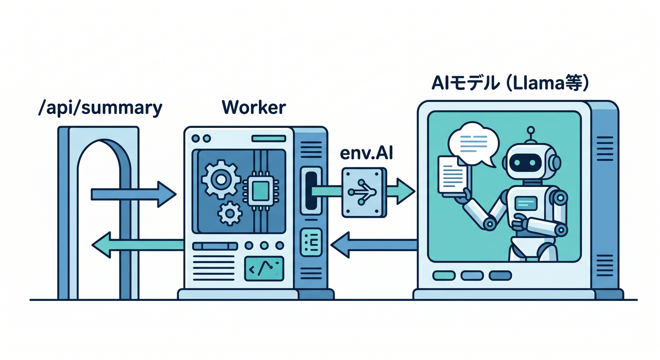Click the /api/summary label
pyautogui.click(x=100, y=109)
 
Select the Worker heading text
pyautogui.click(x=254, y=107)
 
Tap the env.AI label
pyautogui.click(x=367, y=153)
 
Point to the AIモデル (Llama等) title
pyautogui.click(x=510, y=83)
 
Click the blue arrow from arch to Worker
pyautogui.click(x=134, y=195)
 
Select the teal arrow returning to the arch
pyautogui.click(x=138, y=245)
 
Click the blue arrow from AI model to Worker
pyautogui.click(x=374, y=245)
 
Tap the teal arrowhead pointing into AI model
pyautogui.click(x=405, y=191)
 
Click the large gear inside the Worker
pyautogui.click(x=221, y=179)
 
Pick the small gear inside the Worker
pyautogui.click(x=230, y=214)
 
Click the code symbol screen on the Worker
pyautogui.click(x=264, y=269)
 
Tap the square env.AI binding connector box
pyautogui.click(x=364, y=193)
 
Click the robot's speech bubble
pyautogui.click(x=473, y=144)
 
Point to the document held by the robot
pyautogui.click(x=453, y=176)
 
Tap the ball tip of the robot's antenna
pyautogui.click(x=531, y=130)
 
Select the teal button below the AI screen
pyautogui.click(x=444, y=276)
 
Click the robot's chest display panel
pyautogui.click(x=526, y=203)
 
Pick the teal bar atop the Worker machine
pyautogui.click(x=269, y=138)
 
